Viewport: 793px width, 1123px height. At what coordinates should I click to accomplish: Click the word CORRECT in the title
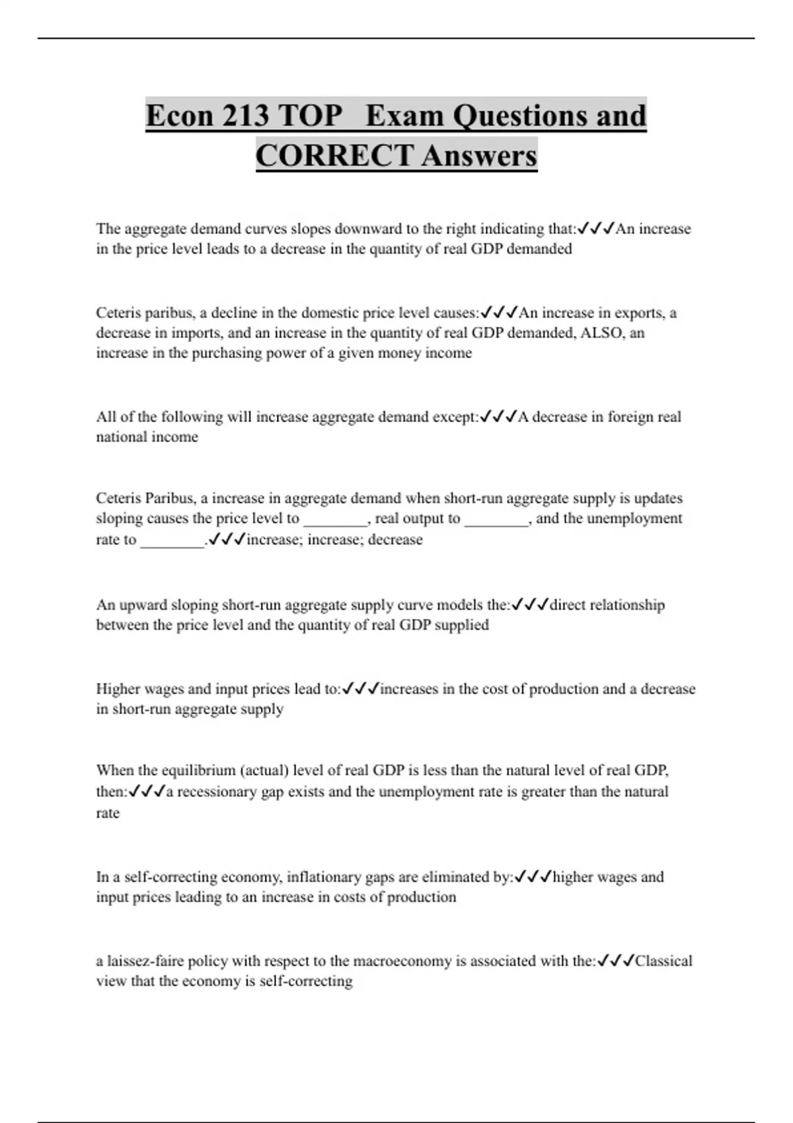(x=334, y=156)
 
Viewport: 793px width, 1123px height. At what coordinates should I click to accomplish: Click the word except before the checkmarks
(x=454, y=417)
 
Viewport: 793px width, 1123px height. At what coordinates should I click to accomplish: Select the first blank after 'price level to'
(x=334, y=519)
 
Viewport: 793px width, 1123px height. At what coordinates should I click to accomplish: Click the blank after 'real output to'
(x=496, y=519)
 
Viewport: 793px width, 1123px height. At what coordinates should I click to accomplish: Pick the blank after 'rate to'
(x=172, y=540)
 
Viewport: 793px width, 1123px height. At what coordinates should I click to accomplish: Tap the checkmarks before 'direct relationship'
(x=530, y=605)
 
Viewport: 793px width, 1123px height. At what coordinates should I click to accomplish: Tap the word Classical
(x=663, y=961)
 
